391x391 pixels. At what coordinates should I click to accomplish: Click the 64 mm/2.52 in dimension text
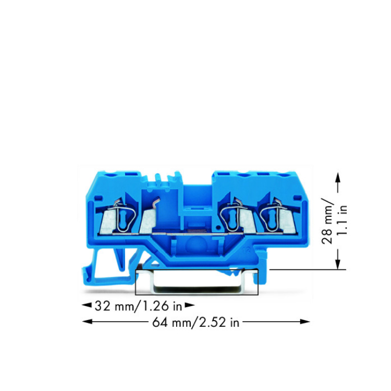(x=195, y=322)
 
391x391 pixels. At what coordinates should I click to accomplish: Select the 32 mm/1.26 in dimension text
(x=138, y=306)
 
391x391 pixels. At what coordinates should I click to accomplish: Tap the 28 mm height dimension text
(x=327, y=221)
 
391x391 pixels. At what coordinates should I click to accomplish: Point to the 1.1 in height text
(x=342, y=220)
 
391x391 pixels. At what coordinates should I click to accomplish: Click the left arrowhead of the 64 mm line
(x=87, y=322)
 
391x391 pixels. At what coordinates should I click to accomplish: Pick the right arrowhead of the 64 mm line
(x=305, y=322)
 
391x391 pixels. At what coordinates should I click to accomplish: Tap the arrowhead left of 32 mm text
(x=87, y=305)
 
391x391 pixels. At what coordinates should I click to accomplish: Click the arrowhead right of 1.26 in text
(x=190, y=305)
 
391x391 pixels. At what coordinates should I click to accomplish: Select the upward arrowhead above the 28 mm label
(x=338, y=178)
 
